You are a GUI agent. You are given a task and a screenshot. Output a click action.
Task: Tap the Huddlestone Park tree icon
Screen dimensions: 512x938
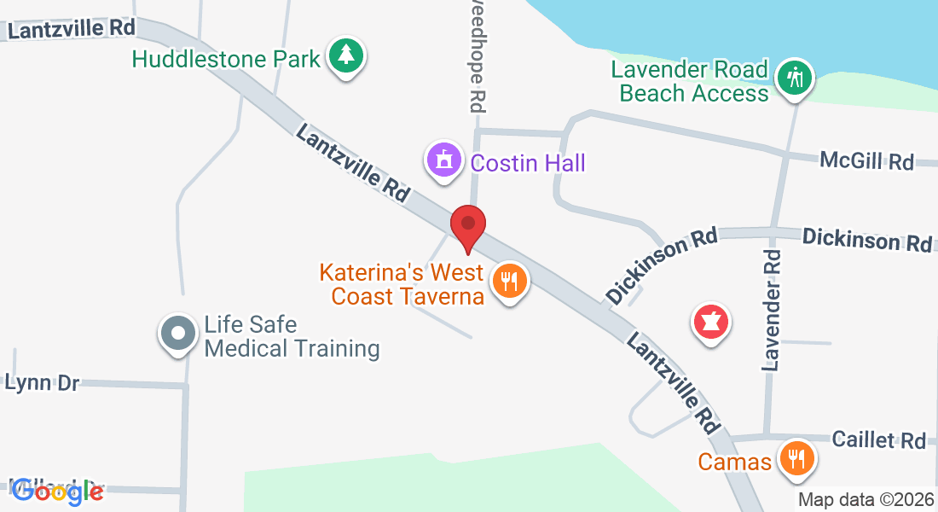pyautogui.click(x=345, y=56)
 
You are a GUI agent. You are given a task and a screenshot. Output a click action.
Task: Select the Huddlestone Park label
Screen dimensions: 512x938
pyautogui.click(x=227, y=59)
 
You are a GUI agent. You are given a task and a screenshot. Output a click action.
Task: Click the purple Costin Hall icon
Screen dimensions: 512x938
pyautogui.click(x=443, y=160)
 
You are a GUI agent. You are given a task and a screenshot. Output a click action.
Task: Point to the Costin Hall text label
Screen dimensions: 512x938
pyautogui.click(x=528, y=162)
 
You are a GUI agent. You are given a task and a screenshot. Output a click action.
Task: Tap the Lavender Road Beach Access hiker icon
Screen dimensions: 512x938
pyautogui.click(x=795, y=79)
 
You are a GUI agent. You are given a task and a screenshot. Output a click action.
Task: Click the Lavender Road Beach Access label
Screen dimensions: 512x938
pyautogui.click(x=694, y=81)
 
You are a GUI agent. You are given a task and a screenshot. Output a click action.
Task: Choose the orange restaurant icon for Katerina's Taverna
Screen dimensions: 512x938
pyautogui.click(x=510, y=280)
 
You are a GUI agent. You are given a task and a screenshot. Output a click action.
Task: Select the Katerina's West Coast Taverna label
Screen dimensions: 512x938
pyautogui.click(x=402, y=285)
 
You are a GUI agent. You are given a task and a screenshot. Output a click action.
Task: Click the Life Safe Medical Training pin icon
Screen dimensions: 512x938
pyautogui.click(x=178, y=334)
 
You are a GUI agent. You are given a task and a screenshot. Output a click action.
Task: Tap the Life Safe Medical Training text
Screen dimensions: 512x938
pyautogui.click(x=292, y=336)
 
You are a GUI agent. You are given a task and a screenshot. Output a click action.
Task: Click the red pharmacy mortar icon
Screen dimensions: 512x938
pyautogui.click(x=711, y=323)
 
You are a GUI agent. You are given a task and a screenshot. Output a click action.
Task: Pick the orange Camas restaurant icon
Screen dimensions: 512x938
pyautogui.click(x=796, y=460)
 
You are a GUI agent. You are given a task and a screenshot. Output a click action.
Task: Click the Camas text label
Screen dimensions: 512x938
pyautogui.click(x=734, y=463)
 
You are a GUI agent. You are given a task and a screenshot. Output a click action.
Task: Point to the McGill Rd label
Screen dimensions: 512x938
pyautogui.click(x=866, y=160)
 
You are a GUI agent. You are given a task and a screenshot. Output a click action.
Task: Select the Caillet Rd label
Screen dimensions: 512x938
pyautogui.click(x=879, y=440)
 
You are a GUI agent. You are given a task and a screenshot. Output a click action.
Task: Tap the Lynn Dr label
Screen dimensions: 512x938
pyautogui.click(x=42, y=383)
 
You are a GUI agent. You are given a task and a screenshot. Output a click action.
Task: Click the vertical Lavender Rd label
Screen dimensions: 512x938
pyautogui.click(x=772, y=309)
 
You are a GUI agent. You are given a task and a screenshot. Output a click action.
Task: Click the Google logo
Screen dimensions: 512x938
pyautogui.click(x=57, y=491)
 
